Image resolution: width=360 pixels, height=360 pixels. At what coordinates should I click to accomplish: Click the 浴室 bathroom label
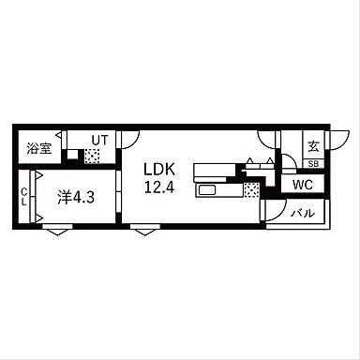pos(39,148)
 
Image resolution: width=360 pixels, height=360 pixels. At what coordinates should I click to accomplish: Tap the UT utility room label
pos(99,141)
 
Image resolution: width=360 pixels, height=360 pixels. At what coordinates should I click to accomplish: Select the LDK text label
pos(159,169)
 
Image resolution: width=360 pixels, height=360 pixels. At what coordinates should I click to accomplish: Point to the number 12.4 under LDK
pos(159,187)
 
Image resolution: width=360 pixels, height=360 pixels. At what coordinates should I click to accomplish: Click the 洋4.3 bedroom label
pos(76,197)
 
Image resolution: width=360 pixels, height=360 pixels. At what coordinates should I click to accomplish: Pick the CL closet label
pos(23,197)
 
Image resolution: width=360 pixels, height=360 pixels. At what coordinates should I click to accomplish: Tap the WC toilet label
pos(303,185)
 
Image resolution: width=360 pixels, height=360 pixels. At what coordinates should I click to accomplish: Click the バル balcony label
pos(303,214)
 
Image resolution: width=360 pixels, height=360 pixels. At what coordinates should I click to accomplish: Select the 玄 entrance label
pos(313,146)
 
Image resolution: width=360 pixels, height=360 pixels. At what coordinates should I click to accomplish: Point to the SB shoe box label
pos(313,164)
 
